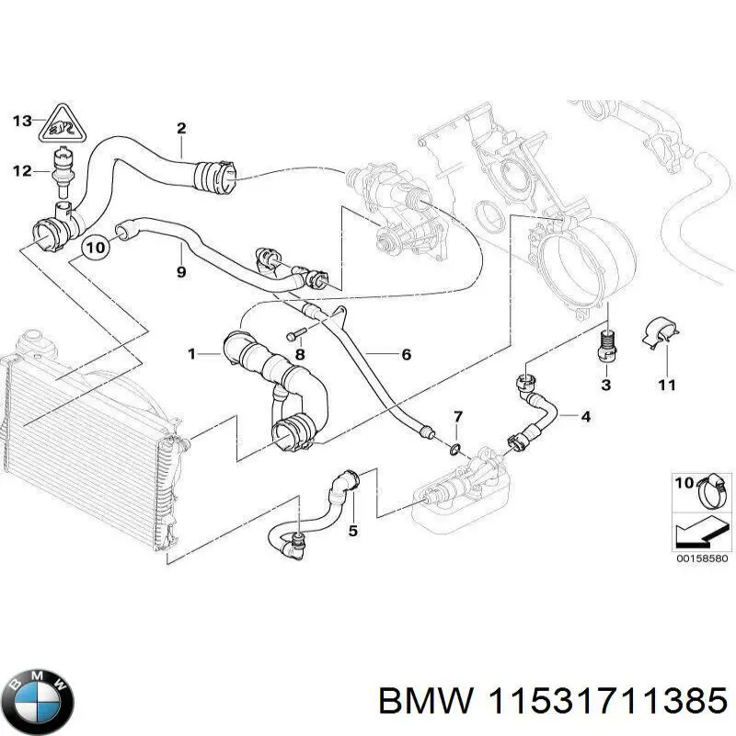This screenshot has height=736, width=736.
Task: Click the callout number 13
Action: click(21, 120)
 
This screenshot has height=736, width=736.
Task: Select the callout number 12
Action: click(21, 170)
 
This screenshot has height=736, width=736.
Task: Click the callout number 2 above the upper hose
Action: click(181, 128)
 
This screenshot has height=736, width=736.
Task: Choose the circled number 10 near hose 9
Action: click(95, 247)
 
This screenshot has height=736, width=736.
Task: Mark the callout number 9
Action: click(181, 272)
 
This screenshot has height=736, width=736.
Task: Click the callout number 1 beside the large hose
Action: click(192, 352)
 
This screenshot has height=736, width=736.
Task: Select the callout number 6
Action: click(406, 354)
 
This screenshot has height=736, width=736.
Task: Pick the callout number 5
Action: click(352, 530)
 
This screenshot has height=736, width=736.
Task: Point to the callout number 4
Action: click(585, 416)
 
